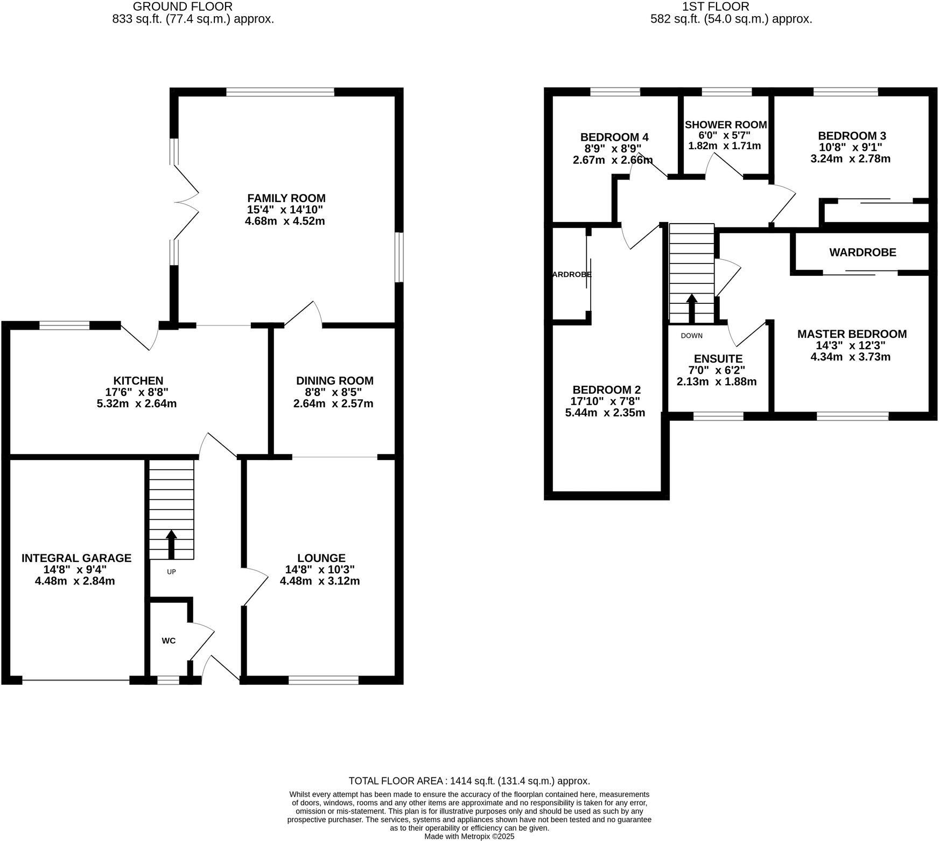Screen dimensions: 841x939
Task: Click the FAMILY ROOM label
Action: [286, 198]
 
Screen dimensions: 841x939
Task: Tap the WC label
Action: [169, 641]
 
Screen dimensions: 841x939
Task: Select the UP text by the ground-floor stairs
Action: [171, 572]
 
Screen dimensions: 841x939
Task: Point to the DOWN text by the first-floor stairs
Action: [691, 336]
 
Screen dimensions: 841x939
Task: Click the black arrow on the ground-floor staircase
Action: [171, 544]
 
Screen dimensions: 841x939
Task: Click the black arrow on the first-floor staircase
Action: [691, 307]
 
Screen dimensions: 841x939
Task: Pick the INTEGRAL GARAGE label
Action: [76, 558]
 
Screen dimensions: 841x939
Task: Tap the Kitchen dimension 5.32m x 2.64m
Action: [137, 404]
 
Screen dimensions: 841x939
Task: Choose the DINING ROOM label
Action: [334, 381]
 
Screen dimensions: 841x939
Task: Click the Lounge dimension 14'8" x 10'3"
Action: [321, 569]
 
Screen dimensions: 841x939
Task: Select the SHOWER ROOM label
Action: [725, 125]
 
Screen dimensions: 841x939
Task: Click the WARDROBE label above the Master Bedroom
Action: [863, 252]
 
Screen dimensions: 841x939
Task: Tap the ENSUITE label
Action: [718, 359]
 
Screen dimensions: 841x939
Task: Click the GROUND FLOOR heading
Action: [183, 7]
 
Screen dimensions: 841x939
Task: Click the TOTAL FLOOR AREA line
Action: [469, 781]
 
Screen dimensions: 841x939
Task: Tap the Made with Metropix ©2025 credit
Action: [469, 837]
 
